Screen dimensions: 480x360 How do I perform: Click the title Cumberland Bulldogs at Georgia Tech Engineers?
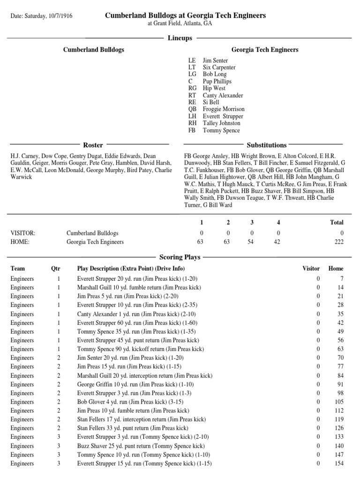click(185, 15)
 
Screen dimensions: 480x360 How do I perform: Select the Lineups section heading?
click(180, 38)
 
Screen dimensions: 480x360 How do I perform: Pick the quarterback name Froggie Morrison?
click(223, 109)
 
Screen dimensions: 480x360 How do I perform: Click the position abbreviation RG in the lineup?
click(192, 88)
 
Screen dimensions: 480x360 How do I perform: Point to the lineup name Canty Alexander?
click(223, 95)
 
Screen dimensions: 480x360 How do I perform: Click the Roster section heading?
click(93, 145)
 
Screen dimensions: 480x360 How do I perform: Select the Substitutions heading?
click(267, 145)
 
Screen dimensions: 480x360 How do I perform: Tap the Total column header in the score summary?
click(337, 222)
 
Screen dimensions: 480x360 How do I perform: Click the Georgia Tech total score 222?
click(338, 242)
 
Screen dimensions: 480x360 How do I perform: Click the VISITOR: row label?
click(23, 233)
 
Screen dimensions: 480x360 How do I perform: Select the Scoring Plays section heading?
click(180, 257)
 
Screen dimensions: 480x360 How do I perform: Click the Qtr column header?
click(55, 269)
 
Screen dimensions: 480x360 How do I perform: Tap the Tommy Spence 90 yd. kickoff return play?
click(140, 349)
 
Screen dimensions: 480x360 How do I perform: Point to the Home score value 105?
click(337, 402)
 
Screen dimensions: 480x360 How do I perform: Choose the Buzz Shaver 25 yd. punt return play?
click(141, 446)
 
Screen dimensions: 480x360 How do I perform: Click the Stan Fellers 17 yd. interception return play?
click(141, 419)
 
